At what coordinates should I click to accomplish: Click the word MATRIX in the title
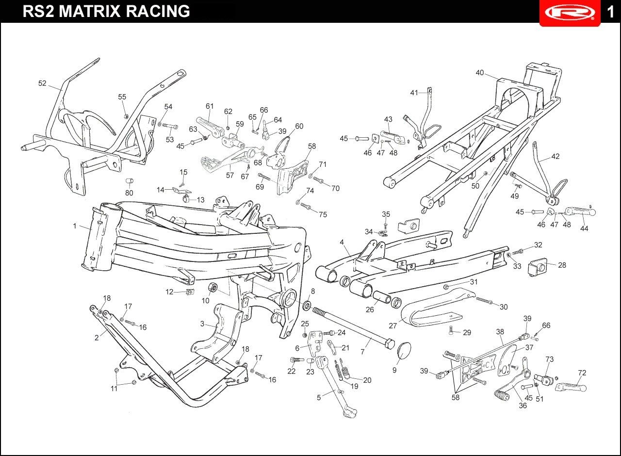(x=91, y=11)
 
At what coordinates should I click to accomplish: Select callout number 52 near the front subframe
(x=42, y=83)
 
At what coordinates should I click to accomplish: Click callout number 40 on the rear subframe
(x=479, y=73)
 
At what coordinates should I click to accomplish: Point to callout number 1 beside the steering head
(x=75, y=226)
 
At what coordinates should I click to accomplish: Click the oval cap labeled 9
(x=404, y=350)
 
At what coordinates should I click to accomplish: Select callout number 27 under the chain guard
(x=393, y=326)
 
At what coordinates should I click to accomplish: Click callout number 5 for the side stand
(x=319, y=398)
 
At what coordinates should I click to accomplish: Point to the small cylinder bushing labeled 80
(x=129, y=181)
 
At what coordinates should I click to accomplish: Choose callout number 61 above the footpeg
(x=210, y=106)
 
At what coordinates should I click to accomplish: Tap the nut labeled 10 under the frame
(x=212, y=289)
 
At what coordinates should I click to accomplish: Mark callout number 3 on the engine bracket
(x=202, y=324)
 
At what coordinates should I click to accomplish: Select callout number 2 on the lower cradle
(x=97, y=338)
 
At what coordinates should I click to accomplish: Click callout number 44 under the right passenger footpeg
(x=584, y=228)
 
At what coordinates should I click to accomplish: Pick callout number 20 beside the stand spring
(x=367, y=380)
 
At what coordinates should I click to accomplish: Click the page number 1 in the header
(x=611, y=11)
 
